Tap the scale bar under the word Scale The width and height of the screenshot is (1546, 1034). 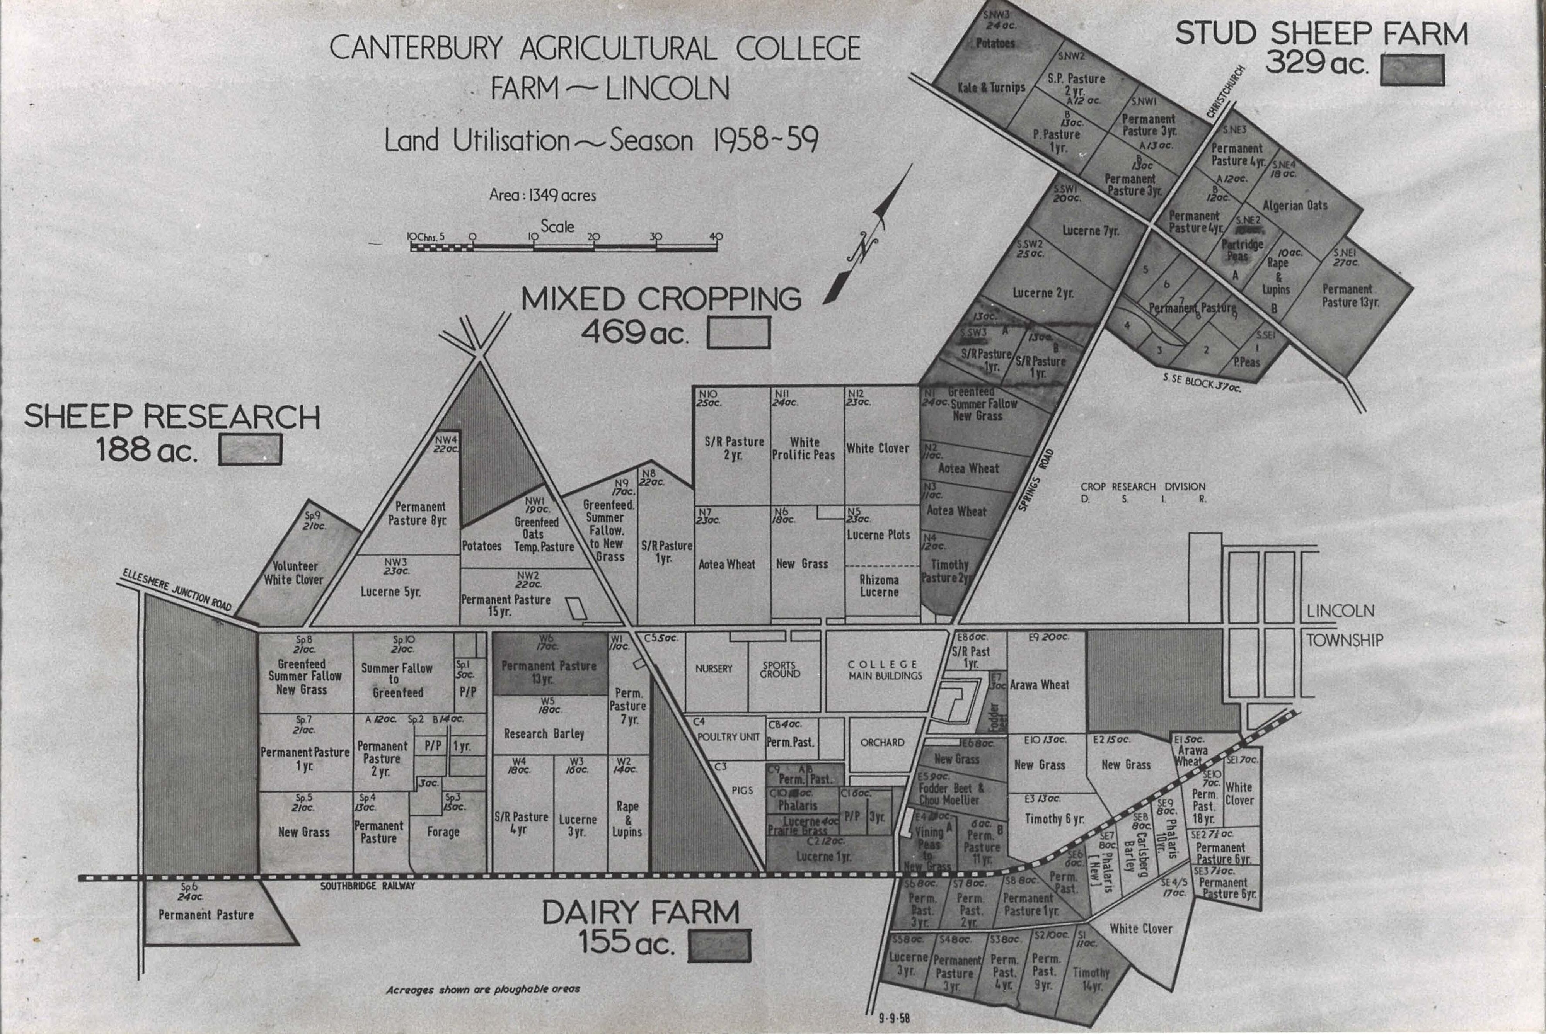point(564,247)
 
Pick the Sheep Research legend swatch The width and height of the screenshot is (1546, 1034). point(250,450)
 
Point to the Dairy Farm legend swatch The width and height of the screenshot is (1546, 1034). point(719,946)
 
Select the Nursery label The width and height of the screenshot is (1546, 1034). point(714,669)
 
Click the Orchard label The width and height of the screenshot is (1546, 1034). point(882,743)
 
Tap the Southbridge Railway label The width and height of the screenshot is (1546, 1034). point(368,886)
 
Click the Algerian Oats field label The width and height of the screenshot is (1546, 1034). point(1295,206)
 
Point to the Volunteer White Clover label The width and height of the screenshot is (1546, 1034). point(294,573)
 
